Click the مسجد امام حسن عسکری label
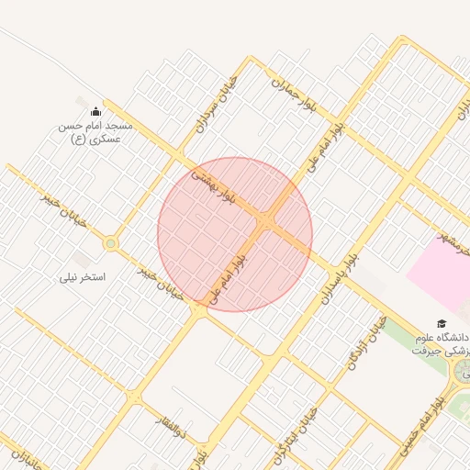(x=95, y=131)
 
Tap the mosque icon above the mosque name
(x=95, y=111)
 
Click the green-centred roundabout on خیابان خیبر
(x=111, y=243)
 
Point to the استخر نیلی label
(x=84, y=275)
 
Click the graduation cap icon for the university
(x=442, y=323)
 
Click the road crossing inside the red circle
(x=267, y=223)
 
